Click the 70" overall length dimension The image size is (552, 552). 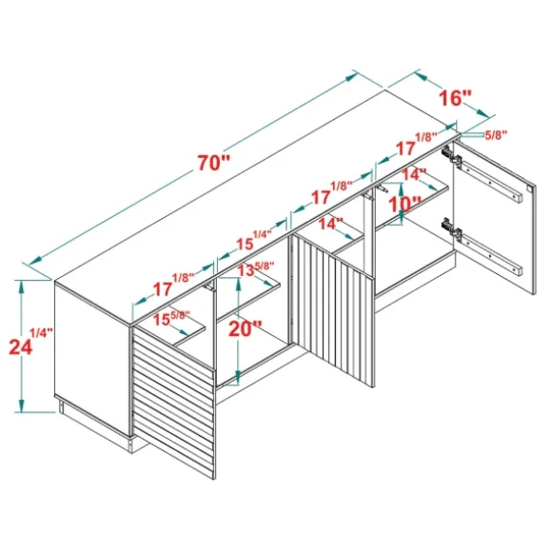(x=213, y=163)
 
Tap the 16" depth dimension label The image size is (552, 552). (x=455, y=98)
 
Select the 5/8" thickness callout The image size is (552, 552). (x=496, y=135)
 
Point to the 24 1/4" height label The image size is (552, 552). (x=30, y=343)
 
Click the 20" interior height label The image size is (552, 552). (x=246, y=329)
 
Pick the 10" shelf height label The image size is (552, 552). (x=404, y=205)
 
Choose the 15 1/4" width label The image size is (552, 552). (x=253, y=240)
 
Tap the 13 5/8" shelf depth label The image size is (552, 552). (x=256, y=268)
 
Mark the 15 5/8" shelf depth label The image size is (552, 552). (x=171, y=318)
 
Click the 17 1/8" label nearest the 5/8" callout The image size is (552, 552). (x=416, y=145)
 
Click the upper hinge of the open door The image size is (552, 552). (x=452, y=155)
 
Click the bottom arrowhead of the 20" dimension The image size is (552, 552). (x=238, y=378)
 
